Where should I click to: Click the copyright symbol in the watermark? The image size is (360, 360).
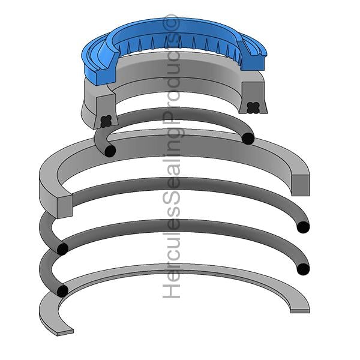click(172, 23)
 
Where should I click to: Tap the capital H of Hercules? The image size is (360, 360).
click(171, 290)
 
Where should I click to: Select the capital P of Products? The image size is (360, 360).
click(171, 119)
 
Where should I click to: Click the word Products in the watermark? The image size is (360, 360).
click(171, 78)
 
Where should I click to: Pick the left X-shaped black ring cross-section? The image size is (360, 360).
click(106, 121)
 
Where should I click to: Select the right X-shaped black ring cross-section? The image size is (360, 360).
click(253, 107)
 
